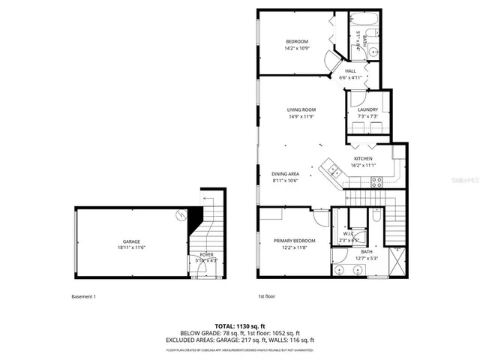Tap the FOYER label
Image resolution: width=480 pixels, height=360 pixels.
point(206,255)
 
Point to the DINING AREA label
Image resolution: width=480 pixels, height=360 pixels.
point(285,174)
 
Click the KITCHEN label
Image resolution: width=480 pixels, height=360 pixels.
point(364,159)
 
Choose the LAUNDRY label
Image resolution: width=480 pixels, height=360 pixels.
point(367,110)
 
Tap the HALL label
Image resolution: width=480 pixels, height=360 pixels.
point(350,71)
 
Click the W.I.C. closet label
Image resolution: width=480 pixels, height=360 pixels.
point(348,233)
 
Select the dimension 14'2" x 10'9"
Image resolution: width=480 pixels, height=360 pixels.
point(298,49)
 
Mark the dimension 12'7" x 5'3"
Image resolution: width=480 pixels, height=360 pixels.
point(367,259)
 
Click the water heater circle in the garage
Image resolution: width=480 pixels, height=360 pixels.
point(181,215)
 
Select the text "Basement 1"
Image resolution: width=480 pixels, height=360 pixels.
point(83,296)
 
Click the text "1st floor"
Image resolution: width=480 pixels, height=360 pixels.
point(266,296)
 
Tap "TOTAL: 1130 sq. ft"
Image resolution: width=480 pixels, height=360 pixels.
point(240,326)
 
